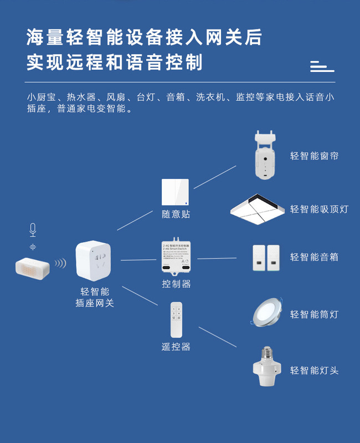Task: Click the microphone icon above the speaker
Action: (x=33, y=229)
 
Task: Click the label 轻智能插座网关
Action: (x=95, y=297)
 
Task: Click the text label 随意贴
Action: (x=176, y=214)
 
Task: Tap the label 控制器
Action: (x=176, y=284)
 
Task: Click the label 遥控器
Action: (x=176, y=347)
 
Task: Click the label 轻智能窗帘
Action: (x=314, y=156)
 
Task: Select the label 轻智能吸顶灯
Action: (x=319, y=209)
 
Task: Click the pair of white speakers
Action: (x=266, y=257)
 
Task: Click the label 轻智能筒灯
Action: (x=314, y=315)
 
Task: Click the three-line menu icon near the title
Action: (x=322, y=66)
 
